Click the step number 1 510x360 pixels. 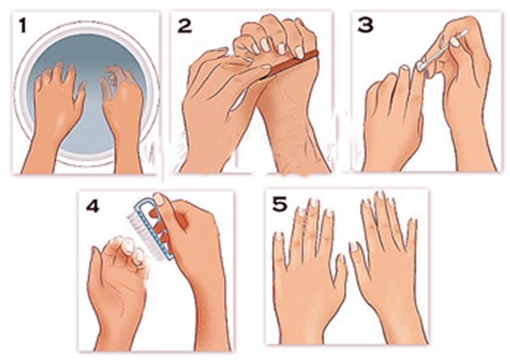(x=22, y=25)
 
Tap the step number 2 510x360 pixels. (x=185, y=25)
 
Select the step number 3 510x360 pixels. (x=365, y=25)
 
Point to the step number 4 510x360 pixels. (x=92, y=206)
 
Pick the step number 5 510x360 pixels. (x=280, y=204)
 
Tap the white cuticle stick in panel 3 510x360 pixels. (x=443, y=49)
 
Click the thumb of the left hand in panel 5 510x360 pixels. (x=341, y=273)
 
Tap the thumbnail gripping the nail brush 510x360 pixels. (x=158, y=199)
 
